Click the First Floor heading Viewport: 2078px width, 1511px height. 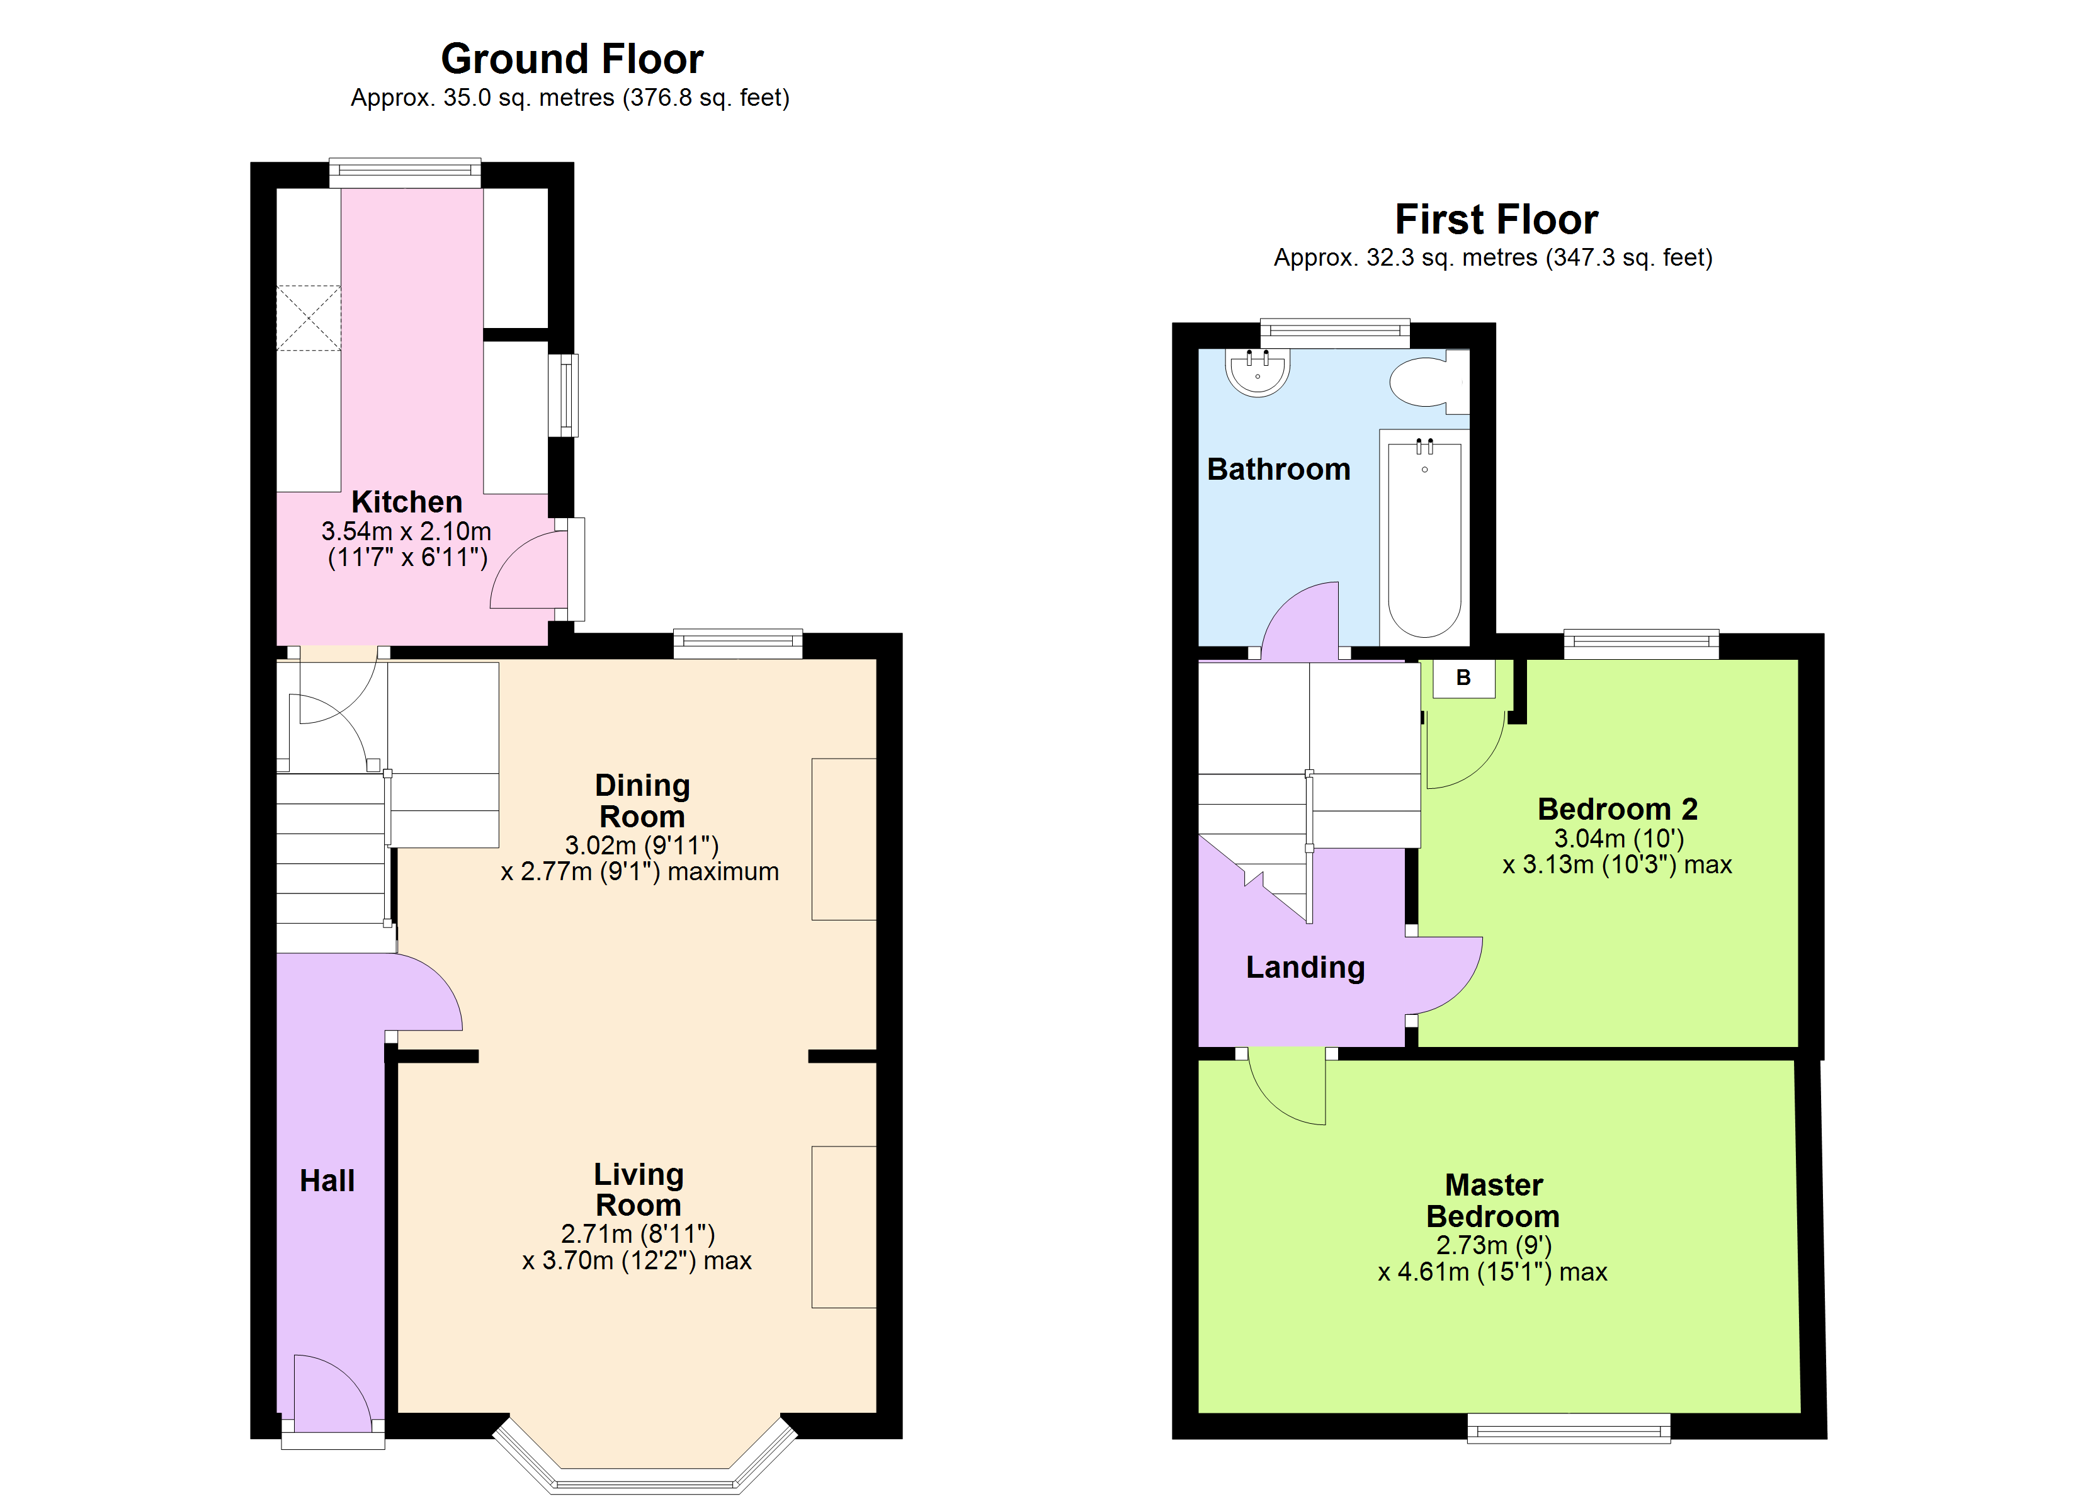(1496, 220)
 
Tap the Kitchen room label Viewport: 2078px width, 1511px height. (407, 502)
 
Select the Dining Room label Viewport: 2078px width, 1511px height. (642, 801)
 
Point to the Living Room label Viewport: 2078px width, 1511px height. (639, 1189)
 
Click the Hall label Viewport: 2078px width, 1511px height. (327, 1181)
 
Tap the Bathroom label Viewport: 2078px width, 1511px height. (1278, 469)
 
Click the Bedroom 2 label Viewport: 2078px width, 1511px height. (1617, 809)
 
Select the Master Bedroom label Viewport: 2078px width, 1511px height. (1494, 1201)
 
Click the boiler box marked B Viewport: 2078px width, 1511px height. (1464, 678)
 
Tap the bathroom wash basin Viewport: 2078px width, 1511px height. (1258, 371)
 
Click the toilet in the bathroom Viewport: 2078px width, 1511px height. (1429, 381)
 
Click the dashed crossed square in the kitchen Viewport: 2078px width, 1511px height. (309, 318)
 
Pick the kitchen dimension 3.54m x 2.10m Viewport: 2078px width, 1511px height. (406, 531)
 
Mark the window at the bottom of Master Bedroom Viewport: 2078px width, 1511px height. (1569, 1429)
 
